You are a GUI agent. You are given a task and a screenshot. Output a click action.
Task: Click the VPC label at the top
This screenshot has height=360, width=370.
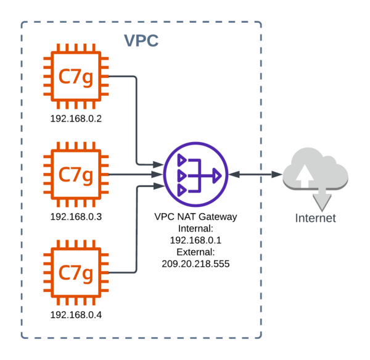tap(141, 41)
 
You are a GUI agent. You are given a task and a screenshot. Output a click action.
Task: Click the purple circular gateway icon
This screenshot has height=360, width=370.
tap(196, 175)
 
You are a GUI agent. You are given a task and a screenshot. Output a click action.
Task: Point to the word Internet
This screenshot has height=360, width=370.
tap(315, 218)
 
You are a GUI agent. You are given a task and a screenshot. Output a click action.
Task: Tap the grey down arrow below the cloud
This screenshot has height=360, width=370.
tap(322, 199)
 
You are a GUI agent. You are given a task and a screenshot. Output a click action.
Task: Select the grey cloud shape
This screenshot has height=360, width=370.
tap(314, 170)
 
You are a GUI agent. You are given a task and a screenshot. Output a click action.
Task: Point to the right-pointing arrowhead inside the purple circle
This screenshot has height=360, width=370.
tap(217, 175)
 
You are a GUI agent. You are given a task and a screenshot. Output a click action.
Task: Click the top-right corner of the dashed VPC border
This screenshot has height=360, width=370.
tap(261, 23)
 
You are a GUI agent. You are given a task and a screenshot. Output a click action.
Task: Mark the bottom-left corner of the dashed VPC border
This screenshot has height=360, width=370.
tap(22, 337)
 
